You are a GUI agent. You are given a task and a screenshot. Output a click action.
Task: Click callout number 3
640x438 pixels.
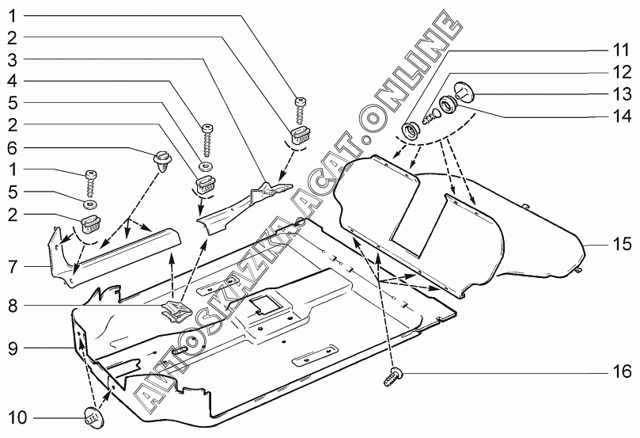13,59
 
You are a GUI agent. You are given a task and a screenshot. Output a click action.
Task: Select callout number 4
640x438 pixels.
13,81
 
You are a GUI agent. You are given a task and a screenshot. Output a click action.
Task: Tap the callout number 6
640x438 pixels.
13,147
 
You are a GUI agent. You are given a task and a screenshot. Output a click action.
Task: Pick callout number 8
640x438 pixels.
13,304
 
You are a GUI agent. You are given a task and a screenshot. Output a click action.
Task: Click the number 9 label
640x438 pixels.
13,347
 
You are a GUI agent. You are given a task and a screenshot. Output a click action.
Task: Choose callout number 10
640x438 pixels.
16,417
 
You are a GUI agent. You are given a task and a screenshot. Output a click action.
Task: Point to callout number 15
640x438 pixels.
620,244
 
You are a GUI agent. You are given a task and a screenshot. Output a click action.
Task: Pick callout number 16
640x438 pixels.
620,371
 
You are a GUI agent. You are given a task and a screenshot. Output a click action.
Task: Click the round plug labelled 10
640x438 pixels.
93,414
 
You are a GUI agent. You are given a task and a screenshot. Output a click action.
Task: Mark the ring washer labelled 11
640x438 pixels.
412,128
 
